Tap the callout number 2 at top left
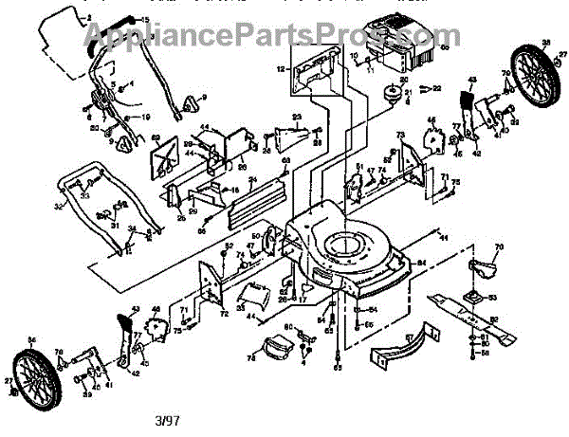(88, 18)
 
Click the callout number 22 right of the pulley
(437, 87)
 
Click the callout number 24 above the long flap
(252, 178)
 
